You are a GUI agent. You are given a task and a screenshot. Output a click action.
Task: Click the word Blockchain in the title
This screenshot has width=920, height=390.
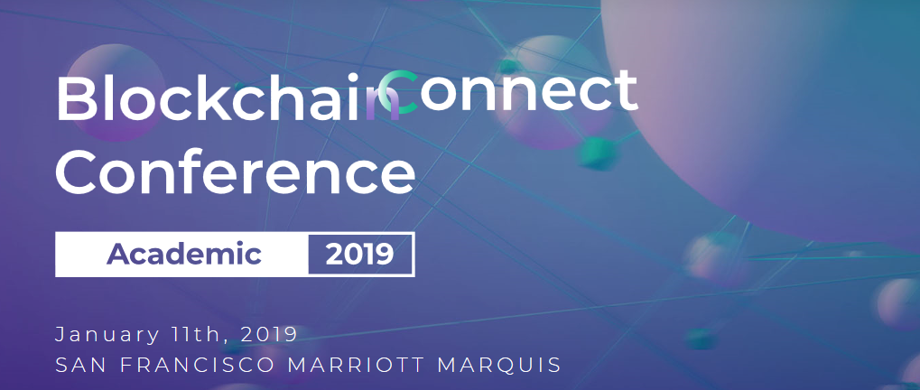point(228,97)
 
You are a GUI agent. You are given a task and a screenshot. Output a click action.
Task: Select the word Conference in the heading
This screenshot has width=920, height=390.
point(236,172)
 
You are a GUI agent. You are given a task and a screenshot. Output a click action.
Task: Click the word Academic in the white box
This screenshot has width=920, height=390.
point(183,254)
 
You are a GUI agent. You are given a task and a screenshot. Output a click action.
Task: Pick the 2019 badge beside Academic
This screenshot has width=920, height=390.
point(360,255)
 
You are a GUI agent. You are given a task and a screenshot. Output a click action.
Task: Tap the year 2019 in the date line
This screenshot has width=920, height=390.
point(269,334)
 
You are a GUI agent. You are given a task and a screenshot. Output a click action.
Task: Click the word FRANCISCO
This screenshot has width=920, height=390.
point(198,365)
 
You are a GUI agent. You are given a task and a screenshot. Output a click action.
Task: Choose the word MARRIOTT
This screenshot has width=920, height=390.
point(356,365)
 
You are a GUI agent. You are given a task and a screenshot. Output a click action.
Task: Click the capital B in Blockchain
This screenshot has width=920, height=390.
point(76,98)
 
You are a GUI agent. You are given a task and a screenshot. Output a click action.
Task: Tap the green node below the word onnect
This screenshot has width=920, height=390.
point(598,153)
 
